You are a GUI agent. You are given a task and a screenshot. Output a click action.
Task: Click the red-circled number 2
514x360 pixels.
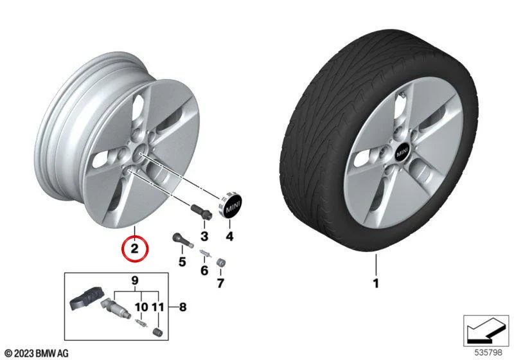pyautogui.click(x=135, y=249)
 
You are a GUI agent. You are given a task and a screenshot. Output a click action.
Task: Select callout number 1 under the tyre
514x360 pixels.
pyautogui.click(x=376, y=283)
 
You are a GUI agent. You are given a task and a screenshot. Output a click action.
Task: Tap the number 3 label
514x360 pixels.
pyautogui.click(x=204, y=236)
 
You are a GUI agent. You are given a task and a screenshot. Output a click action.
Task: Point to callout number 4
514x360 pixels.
pyautogui.click(x=229, y=236)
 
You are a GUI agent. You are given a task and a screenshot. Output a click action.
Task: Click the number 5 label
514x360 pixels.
pyautogui.click(x=182, y=262)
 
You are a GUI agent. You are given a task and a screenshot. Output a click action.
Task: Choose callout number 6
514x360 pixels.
pyautogui.click(x=204, y=271)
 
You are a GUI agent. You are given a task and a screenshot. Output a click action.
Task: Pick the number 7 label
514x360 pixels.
pyautogui.click(x=220, y=283)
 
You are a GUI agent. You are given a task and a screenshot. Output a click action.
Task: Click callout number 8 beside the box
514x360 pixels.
pyautogui.click(x=182, y=307)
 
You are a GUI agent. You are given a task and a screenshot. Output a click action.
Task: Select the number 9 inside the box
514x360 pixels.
pyautogui.click(x=135, y=281)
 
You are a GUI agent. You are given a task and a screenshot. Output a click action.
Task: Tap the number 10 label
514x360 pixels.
pyautogui.click(x=141, y=307)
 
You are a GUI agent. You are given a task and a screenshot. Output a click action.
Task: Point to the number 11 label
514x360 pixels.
pyautogui.click(x=157, y=307)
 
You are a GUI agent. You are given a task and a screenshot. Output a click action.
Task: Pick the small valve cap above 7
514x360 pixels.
pyautogui.click(x=220, y=263)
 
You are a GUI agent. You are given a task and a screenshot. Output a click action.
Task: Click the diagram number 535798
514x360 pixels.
pyautogui.click(x=488, y=353)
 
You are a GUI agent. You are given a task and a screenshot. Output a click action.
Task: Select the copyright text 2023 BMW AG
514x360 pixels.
pyautogui.click(x=37, y=354)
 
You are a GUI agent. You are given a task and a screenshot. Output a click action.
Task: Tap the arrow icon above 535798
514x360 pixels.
pyautogui.click(x=486, y=330)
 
